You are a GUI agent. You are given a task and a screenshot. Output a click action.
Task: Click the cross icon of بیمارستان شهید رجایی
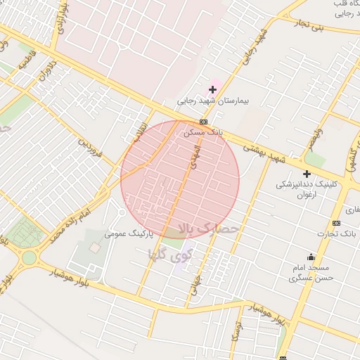point(213,89)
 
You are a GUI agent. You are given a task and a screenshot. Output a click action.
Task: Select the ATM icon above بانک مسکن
point(203,121)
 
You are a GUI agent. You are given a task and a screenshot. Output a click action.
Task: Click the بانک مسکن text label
point(203,131)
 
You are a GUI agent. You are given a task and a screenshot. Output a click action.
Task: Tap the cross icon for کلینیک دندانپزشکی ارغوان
point(307,174)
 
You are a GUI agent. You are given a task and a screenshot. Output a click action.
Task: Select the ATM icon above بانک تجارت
point(336,223)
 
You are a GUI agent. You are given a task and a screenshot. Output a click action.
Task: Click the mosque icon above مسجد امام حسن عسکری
point(311,257)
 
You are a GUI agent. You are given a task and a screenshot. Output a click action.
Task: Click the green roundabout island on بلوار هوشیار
point(28,258)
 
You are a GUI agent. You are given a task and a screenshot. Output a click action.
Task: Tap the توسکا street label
point(238,333)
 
